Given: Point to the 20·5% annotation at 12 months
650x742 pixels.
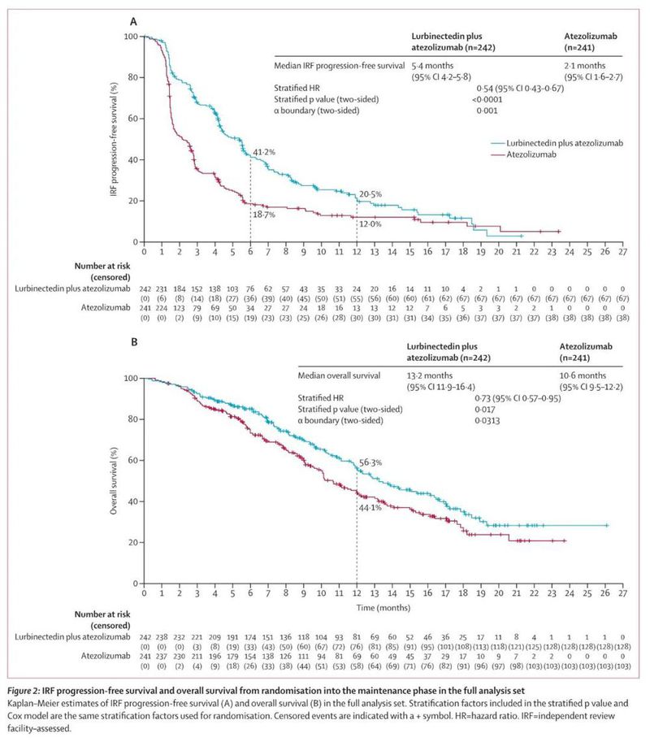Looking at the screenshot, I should (x=370, y=194).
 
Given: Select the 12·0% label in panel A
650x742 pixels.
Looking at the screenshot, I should (x=370, y=223).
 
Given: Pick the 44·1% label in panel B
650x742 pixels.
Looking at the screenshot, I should (x=370, y=507).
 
